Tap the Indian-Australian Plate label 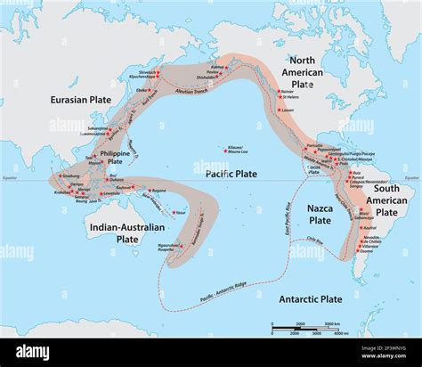tap(114, 232)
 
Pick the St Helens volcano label tap(291, 96)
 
